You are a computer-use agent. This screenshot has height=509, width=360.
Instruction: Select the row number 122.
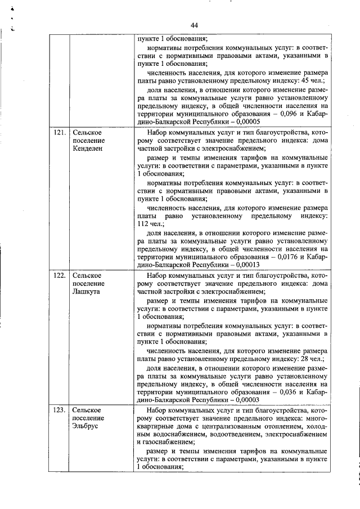pyautogui.click(x=59, y=276)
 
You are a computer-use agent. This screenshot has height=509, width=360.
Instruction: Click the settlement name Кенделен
pyautogui.click(x=88, y=149)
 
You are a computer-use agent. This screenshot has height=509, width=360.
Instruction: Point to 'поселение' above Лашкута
pyautogui.click(x=88, y=283)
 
